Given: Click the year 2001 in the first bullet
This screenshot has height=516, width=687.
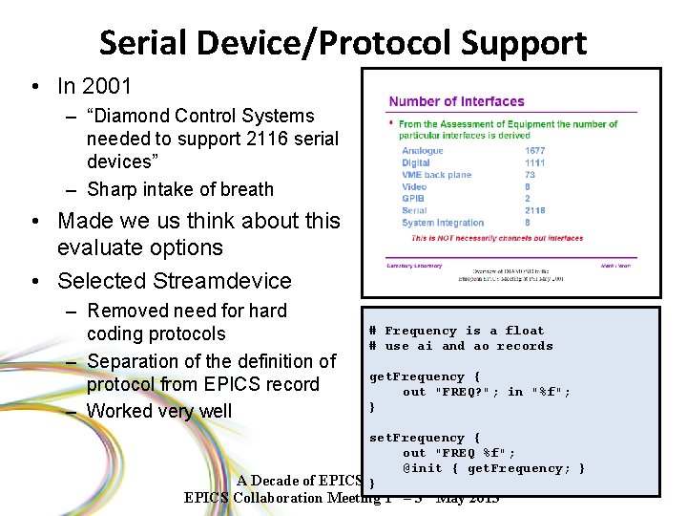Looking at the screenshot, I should (107, 86).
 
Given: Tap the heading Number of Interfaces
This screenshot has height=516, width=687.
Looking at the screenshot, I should (456, 101).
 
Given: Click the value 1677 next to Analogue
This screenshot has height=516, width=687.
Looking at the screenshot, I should (535, 151).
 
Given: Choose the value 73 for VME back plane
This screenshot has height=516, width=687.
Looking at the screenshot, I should (530, 175).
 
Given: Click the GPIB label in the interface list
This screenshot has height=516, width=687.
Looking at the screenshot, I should (413, 199).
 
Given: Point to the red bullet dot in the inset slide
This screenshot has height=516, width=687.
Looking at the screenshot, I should (391, 123).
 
